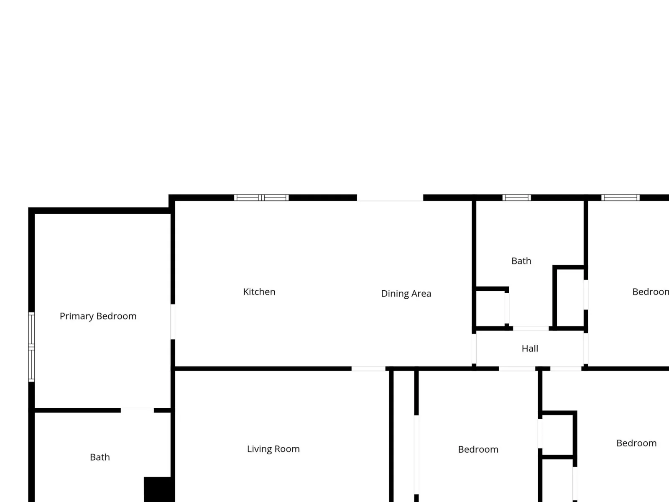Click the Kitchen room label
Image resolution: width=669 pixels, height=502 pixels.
[x=259, y=292]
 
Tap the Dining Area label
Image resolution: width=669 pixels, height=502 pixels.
[x=406, y=293]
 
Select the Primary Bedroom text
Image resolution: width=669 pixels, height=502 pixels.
[x=98, y=316]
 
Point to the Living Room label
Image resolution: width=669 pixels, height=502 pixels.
[x=273, y=448]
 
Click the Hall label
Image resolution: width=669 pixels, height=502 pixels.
[x=530, y=348]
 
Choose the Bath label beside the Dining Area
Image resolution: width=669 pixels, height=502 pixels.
[x=521, y=261]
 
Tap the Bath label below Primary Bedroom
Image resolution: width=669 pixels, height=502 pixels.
[x=100, y=457]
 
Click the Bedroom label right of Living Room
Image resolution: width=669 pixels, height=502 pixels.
[x=478, y=449]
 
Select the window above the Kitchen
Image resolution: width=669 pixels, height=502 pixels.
[x=261, y=197]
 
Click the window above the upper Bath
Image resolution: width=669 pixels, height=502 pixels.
[x=517, y=197]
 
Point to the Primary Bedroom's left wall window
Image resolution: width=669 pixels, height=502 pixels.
[x=31, y=347]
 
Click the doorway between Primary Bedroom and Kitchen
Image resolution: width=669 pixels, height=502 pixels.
[x=173, y=322]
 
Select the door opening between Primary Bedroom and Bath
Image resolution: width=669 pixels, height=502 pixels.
[x=137, y=410]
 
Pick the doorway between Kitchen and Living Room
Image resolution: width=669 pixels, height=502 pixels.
[x=368, y=369]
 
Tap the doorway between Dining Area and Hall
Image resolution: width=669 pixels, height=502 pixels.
[x=474, y=349]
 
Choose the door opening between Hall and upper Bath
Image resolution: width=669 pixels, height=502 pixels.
[x=531, y=328]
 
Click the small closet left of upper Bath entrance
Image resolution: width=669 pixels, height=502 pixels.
[x=490, y=308]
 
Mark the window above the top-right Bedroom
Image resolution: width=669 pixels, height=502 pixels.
[x=620, y=197]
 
